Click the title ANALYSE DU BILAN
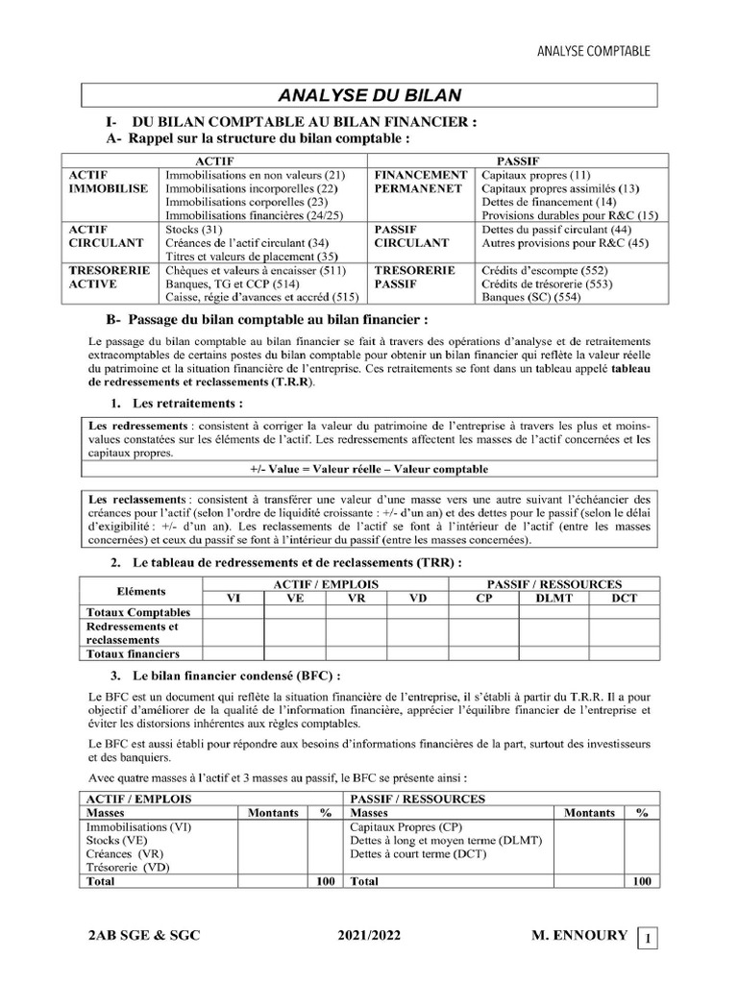[x=370, y=94]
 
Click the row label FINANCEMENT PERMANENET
[x=420, y=183]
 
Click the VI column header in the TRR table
[x=233, y=598]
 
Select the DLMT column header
[x=545, y=598]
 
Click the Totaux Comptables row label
[x=138, y=612]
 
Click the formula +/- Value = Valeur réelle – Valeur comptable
[x=368, y=469]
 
